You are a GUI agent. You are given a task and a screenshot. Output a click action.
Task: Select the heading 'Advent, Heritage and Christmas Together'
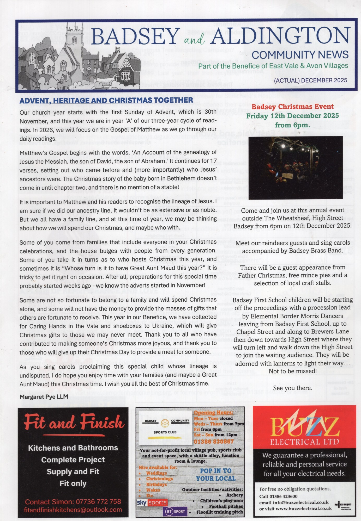(106, 100)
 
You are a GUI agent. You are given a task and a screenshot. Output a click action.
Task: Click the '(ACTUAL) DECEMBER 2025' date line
(310, 80)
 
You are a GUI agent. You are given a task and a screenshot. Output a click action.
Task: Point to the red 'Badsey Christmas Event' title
(292, 107)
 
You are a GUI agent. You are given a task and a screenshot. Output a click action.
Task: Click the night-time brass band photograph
(296, 168)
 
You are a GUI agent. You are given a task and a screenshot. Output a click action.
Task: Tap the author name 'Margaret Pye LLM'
(44, 397)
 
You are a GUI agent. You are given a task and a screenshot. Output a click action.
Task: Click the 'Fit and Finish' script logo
(73, 423)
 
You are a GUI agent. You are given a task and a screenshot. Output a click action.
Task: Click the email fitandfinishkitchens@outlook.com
(73, 510)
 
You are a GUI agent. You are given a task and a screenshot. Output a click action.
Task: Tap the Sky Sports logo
(152, 502)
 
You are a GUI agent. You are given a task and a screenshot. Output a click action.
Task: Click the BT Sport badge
(175, 511)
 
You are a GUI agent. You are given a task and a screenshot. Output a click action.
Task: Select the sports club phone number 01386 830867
(214, 441)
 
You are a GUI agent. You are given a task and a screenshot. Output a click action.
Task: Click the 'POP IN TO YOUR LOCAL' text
(216, 475)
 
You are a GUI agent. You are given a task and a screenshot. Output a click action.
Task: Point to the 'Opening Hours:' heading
(213, 412)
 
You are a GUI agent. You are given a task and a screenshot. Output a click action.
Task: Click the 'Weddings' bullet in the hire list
(156, 473)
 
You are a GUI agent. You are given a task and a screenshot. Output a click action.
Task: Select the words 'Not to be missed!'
(293, 371)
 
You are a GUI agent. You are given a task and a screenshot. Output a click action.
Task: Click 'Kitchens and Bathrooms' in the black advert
(73, 448)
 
